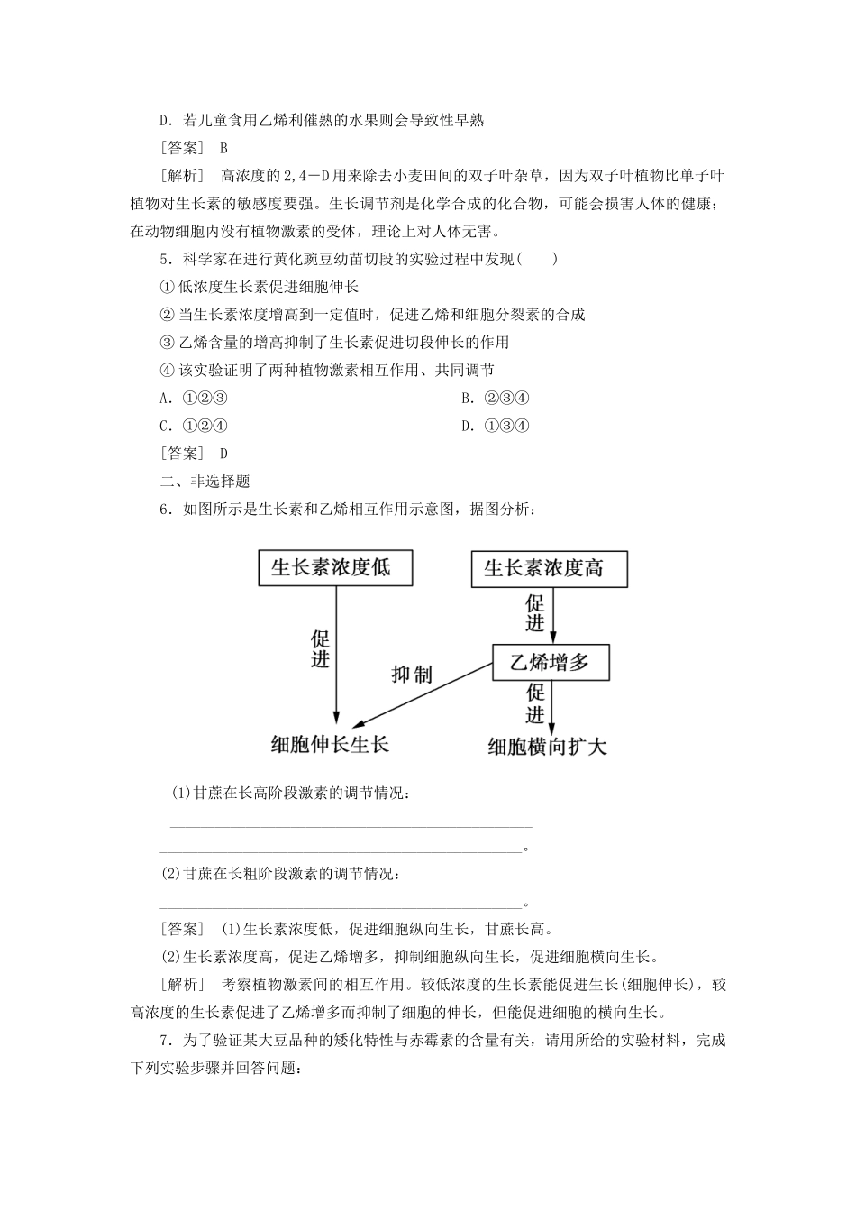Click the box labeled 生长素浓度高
pyautogui.click(x=549, y=569)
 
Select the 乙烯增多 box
pyautogui.click(x=550, y=663)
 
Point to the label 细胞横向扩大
pyautogui.click(x=548, y=746)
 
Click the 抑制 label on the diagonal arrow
pyautogui.click(x=412, y=674)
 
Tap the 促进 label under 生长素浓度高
pyautogui.click(x=536, y=613)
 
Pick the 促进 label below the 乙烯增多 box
pyautogui.click(x=536, y=703)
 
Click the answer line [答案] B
pyautogui.click(x=195, y=147)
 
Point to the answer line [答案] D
pyautogui.click(x=195, y=454)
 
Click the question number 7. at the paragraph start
pyautogui.click(x=165, y=1040)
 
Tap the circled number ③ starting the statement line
pyautogui.click(x=166, y=342)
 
